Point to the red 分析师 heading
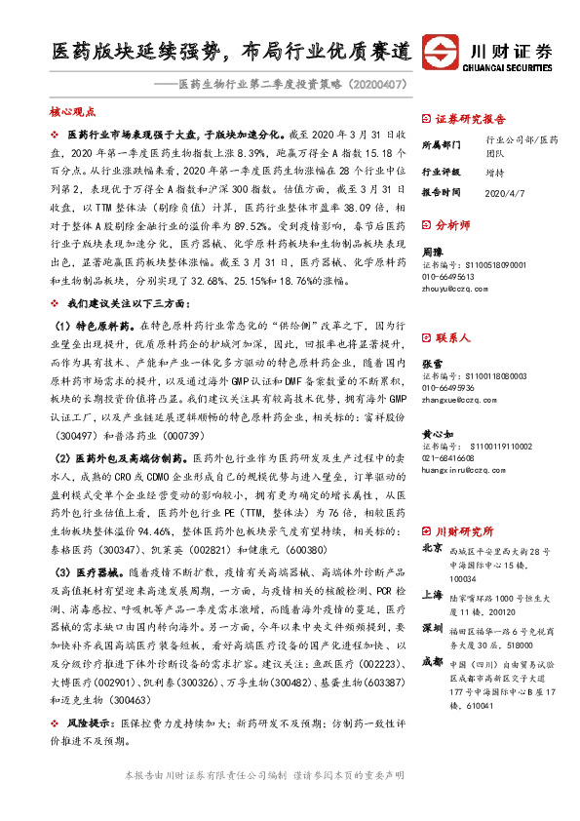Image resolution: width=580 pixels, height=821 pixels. (453, 224)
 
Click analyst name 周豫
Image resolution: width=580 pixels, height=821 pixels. (432, 252)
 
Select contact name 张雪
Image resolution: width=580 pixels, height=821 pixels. (432, 363)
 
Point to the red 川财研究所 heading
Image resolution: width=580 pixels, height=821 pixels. (463, 531)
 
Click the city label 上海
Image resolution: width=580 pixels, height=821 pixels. (432, 594)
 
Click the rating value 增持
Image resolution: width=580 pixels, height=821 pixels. (495, 170)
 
